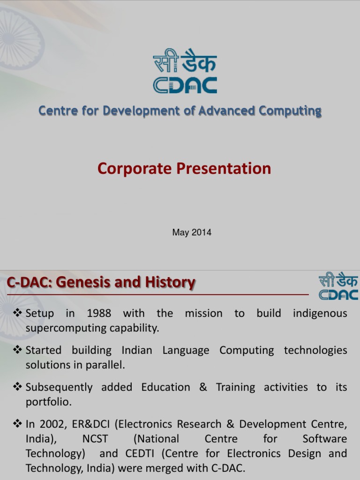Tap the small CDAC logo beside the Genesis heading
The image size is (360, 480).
click(x=338, y=287)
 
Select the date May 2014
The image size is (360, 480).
click(x=192, y=232)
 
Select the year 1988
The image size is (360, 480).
click(x=99, y=313)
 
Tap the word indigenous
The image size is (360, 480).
click(x=320, y=313)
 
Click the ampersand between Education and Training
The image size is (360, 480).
click(x=203, y=387)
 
